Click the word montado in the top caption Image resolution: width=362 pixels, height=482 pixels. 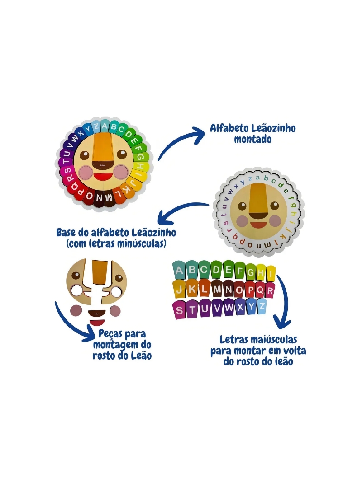pyautogui.click(x=253, y=140)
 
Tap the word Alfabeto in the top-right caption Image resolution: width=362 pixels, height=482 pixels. pyautogui.click(x=230, y=128)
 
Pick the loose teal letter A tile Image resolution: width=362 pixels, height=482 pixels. pyautogui.click(x=180, y=271)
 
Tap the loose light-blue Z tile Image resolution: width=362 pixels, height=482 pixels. pyautogui.click(x=261, y=307)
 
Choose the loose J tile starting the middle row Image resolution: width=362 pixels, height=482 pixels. pyautogui.click(x=180, y=290)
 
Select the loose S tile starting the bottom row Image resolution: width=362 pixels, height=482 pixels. pyautogui.click(x=180, y=310)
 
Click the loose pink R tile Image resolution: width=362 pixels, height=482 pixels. pyautogui.click(x=270, y=290)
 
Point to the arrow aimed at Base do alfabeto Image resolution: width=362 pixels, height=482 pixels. pyautogui.click(x=181, y=212)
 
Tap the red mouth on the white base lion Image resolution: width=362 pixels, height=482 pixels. pyautogui.click(x=258, y=225)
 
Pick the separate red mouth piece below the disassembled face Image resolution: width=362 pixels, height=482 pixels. pyautogui.click(x=97, y=323)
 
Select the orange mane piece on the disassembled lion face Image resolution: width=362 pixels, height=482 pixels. pyautogui.click(x=97, y=274)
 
